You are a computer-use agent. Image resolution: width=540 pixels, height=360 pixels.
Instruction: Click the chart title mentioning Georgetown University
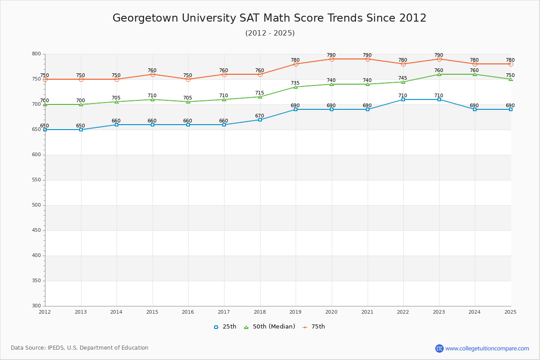(269, 18)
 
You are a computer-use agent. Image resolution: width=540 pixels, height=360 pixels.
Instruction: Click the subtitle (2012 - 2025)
(270, 33)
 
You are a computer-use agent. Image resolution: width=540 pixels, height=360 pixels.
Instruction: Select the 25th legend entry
(225, 327)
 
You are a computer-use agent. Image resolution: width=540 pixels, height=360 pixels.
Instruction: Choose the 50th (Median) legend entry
(270, 327)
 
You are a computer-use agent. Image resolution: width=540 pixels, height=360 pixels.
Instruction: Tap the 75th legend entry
(314, 327)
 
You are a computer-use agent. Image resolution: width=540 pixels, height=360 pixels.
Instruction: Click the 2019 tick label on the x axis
(295, 312)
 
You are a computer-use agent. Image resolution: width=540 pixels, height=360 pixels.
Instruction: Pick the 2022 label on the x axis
(403, 312)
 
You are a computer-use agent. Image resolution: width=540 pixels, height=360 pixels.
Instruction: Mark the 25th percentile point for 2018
(260, 120)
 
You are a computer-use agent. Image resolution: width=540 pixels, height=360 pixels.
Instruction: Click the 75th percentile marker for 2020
(332, 59)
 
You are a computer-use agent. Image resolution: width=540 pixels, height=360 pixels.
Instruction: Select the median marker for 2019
(296, 87)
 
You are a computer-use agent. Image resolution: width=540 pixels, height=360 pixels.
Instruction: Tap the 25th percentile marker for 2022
(403, 99)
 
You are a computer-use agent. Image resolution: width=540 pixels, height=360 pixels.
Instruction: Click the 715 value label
(260, 93)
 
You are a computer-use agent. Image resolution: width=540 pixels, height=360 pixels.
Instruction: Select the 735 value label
(295, 83)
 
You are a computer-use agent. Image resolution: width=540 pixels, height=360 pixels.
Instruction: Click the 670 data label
(260, 116)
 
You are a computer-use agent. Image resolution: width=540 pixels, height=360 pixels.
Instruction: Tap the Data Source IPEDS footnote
(80, 348)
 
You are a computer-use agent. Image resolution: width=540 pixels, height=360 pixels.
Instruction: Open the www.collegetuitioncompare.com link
(487, 348)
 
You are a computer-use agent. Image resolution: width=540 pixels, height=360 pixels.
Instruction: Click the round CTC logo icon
(439, 348)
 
